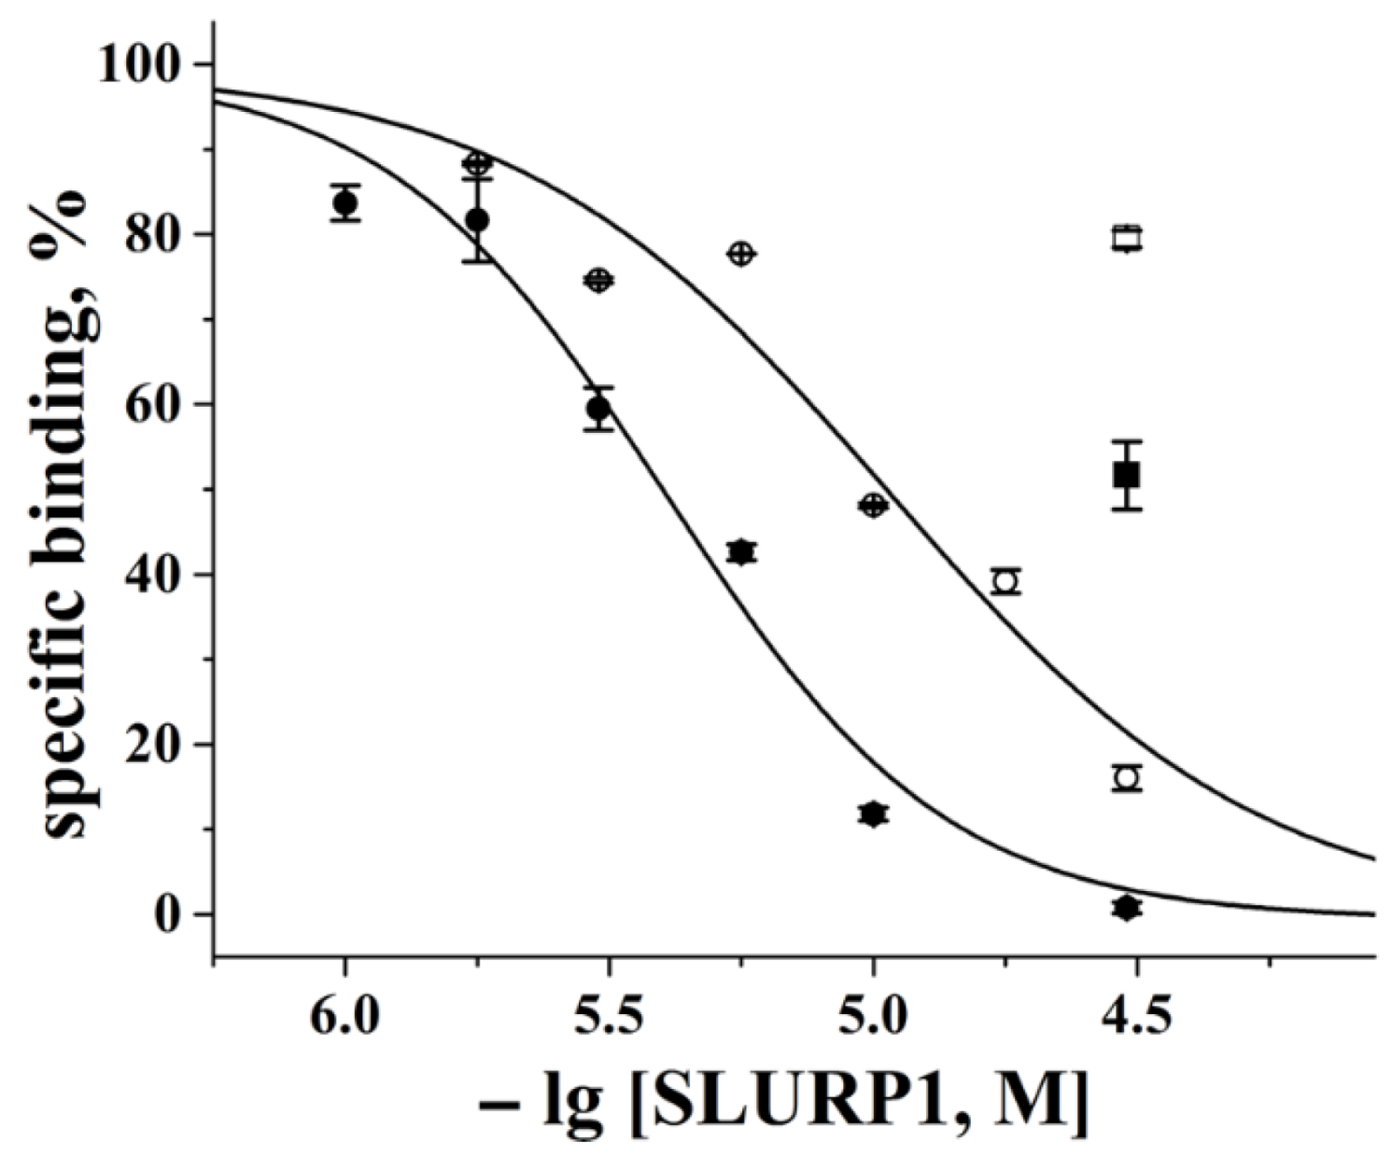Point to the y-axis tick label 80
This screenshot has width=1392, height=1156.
pyautogui.click(x=159, y=234)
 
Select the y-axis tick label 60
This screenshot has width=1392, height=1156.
pyautogui.click(x=159, y=404)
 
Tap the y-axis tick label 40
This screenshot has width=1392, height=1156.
pyautogui.click(x=159, y=575)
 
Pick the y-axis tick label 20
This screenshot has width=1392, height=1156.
pyautogui.click(x=159, y=745)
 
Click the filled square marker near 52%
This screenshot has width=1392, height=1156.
pyautogui.click(x=1127, y=475)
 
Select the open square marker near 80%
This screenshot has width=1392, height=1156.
pyautogui.click(x=1127, y=238)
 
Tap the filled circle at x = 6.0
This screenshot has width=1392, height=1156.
pyautogui.click(x=345, y=202)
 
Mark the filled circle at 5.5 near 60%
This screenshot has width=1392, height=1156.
pyautogui.click(x=598, y=408)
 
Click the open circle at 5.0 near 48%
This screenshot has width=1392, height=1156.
pyautogui.click(x=873, y=506)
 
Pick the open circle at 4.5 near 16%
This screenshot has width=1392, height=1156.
pyautogui.click(x=1127, y=777)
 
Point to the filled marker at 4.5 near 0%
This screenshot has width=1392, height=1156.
pyautogui.click(x=1127, y=908)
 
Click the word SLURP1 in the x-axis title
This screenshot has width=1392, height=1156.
pyautogui.click(x=798, y=1105)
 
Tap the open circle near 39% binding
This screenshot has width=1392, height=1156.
pyautogui.click(x=1005, y=581)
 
